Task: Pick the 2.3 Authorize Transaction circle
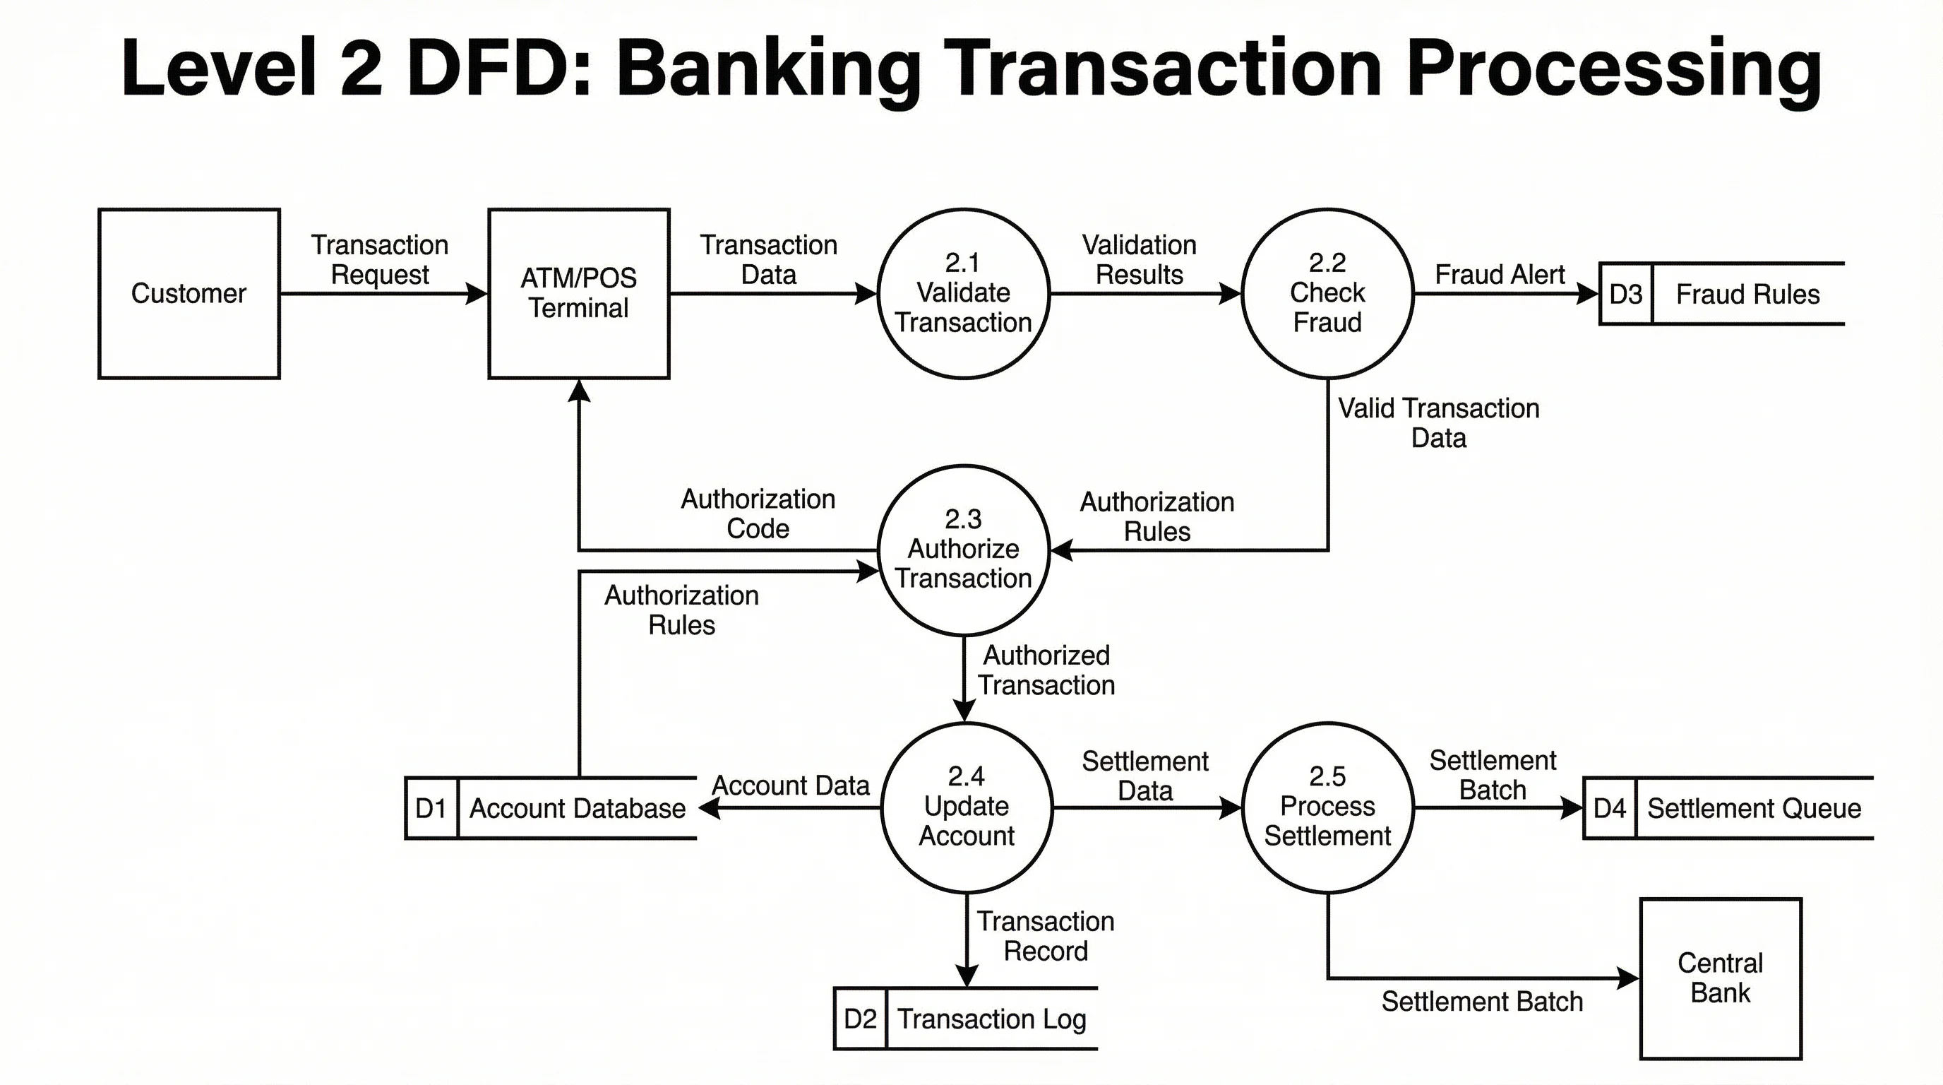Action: tap(963, 550)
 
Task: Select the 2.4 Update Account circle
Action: tap(967, 807)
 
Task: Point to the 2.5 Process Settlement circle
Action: tap(1327, 807)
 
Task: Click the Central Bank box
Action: tap(1721, 978)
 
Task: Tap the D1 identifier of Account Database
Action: tap(431, 808)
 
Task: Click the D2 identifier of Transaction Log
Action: tap(860, 1019)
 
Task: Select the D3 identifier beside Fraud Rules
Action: tap(1625, 295)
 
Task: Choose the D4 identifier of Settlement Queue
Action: tap(1610, 808)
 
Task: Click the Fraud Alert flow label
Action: tap(1500, 274)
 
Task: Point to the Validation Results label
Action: tap(1139, 259)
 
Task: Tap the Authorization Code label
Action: tap(758, 513)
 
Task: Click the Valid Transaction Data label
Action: tap(1438, 422)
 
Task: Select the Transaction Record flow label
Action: tap(1046, 936)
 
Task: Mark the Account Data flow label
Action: tap(791, 785)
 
